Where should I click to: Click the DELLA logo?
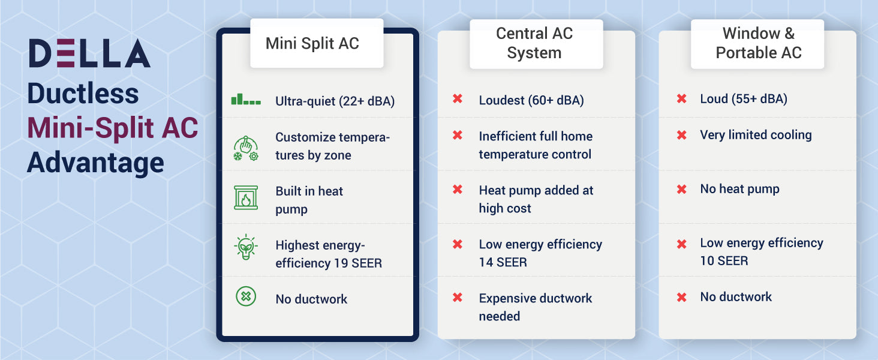pyautogui.click(x=89, y=53)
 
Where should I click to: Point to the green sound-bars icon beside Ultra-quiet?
pyautogui.click(x=246, y=100)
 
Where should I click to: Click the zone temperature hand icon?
pyautogui.click(x=246, y=149)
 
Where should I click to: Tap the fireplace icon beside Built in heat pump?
pyautogui.click(x=246, y=197)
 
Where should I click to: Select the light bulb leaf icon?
pyautogui.click(x=246, y=247)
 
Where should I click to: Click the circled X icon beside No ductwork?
pyautogui.click(x=246, y=296)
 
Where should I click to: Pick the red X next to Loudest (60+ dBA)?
pyautogui.click(x=458, y=98)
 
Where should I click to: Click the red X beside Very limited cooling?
pyautogui.click(x=682, y=135)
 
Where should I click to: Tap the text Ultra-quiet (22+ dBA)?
pyautogui.click(x=335, y=101)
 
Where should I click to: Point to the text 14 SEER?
pyautogui.click(x=503, y=262)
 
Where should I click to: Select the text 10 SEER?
pyautogui.click(x=724, y=261)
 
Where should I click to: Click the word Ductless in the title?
pyautogui.click(x=83, y=94)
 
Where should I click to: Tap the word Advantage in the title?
pyautogui.click(x=95, y=163)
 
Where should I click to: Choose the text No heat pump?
pyautogui.click(x=739, y=189)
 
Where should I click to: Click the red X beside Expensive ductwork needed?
pyautogui.click(x=458, y=297)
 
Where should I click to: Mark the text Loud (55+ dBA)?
pyautogui.click(x=744, y=99)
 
